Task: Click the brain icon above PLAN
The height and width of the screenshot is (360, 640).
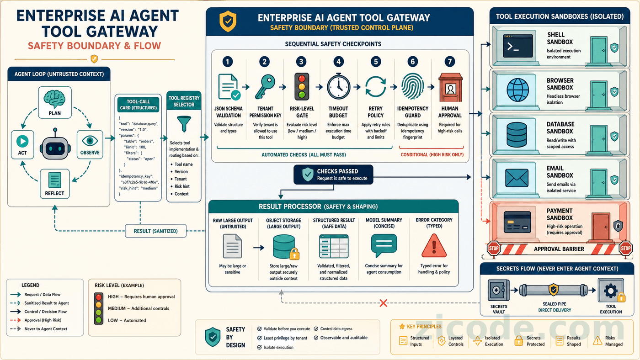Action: point(54,99)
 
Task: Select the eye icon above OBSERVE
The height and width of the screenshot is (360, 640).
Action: point(90,141)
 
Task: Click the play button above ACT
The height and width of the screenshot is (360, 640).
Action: point(22,141)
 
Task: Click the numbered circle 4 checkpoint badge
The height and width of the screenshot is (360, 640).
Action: point(339,61)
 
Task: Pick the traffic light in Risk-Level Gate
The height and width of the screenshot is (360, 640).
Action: point(302,87)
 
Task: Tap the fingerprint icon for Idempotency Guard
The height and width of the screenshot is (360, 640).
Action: point(412,86)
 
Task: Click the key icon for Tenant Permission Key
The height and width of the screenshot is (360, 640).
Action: point(265,86)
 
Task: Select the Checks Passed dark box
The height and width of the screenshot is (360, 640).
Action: point(333,175)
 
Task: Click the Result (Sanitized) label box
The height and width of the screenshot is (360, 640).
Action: point(156,231)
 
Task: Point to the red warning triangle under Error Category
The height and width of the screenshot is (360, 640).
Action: point(434,246)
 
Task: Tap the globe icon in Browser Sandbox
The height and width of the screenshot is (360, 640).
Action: point(517,90)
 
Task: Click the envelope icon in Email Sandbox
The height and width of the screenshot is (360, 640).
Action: point(517,178)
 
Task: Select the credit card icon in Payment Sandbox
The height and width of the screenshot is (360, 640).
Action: point(517,222)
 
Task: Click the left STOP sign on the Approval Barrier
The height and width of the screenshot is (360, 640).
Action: point(493,249)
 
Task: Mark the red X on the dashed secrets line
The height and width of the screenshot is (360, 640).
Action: point(384,303)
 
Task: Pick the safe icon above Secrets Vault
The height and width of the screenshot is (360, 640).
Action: point(499,291)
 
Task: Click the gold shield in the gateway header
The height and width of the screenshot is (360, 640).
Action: point(228,21)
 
